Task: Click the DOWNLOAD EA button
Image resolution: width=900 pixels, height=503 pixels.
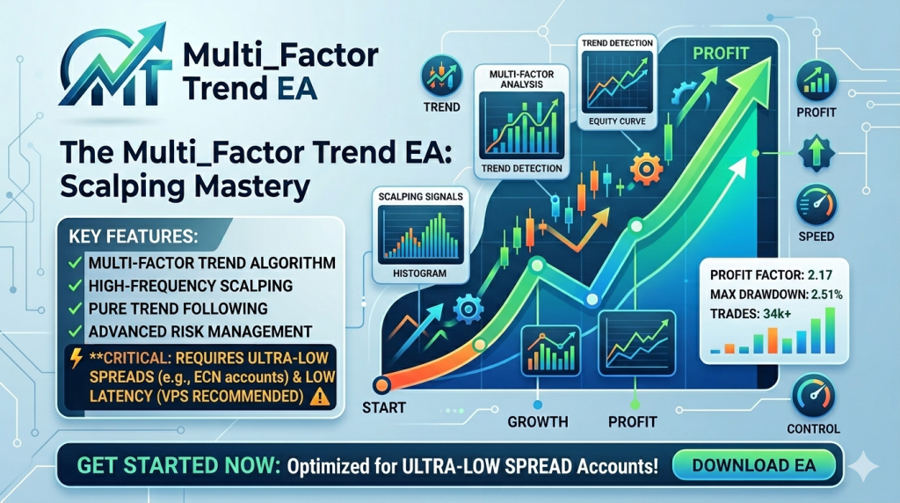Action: [x=755, y=464]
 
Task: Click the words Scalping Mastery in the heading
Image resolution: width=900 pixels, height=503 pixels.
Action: [x=185, y=186]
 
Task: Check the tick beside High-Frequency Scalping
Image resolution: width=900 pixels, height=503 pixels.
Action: [x=76, y=285]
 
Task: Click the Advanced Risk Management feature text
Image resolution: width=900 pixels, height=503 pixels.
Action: [x=200, y=331]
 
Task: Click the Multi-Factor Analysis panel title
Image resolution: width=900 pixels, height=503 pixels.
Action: [x=520, y=80]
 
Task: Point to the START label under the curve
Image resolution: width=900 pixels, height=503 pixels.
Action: [x=384, y=407]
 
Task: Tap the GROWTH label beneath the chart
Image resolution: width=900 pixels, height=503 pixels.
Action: [x=537, y=421]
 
